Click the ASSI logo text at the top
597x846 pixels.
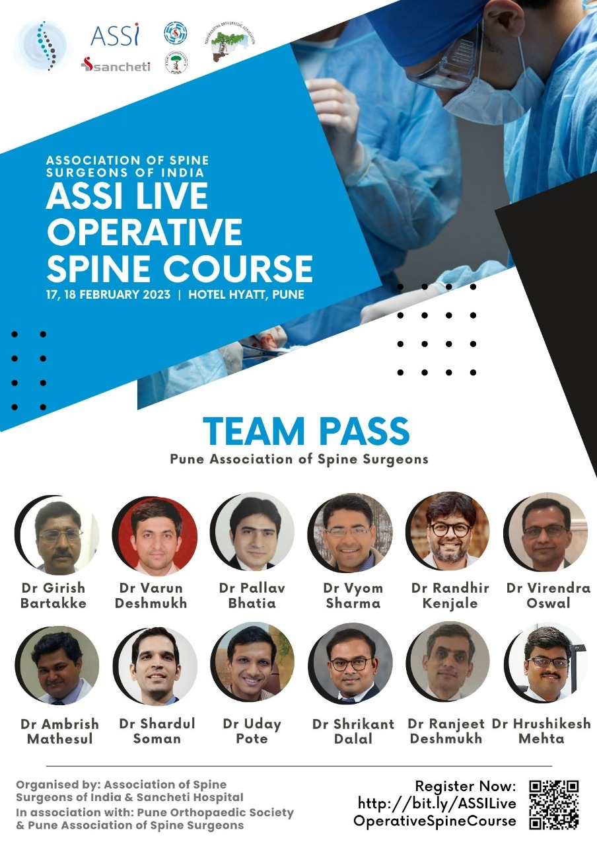tap(115, 35)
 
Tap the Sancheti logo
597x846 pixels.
tap(116, 65)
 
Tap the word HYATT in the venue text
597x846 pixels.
tap(246, 294)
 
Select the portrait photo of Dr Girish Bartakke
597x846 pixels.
tap(57, 533)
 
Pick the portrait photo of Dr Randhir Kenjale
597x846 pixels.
tap(448, 530)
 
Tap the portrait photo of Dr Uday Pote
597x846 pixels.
tap(252, 661)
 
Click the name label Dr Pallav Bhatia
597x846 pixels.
tap(252, 596)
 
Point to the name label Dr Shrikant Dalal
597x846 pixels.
tap(353, 731)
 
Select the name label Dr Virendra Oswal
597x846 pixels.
tap(548, 596)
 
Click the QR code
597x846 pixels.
tap(553, 804)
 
